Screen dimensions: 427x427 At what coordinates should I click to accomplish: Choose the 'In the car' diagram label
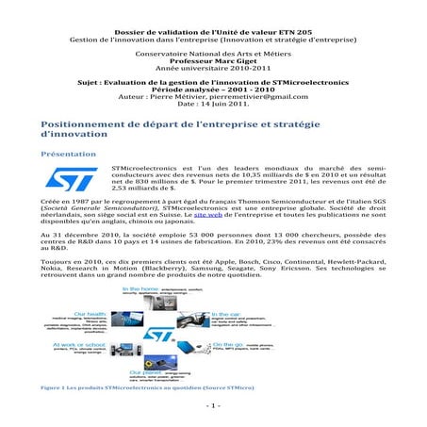[x=225, y=313]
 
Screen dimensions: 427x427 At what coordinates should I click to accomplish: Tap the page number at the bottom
[x=214, y=405]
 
